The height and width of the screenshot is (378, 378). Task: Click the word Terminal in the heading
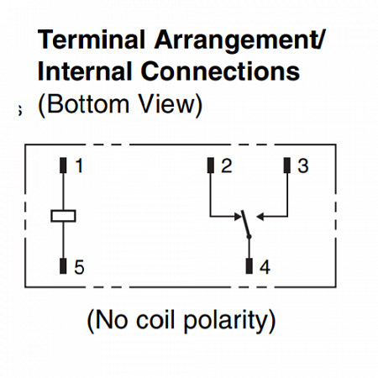(x=92, y=39)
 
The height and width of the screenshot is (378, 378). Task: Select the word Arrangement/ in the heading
(x=240, y=42)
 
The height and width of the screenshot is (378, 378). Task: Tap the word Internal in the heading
(x=85, y=71)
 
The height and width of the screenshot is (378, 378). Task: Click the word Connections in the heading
(x=220, y=71)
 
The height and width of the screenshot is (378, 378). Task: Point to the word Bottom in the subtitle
(x=87, y=104)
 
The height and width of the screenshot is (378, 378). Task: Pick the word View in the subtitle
(x=166, y=104)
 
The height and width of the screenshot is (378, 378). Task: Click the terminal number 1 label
(x=80, y=165)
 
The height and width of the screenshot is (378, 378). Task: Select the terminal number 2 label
(x=227, y=165)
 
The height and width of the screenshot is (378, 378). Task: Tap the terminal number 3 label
(x=303, y=165)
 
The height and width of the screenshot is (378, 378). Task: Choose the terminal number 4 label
(x=265, y=267)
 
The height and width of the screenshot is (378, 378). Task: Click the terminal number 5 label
(x=79, y=267)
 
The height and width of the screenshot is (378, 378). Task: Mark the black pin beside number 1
(x=63, y=165)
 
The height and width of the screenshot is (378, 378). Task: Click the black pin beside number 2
(x=211, y=165)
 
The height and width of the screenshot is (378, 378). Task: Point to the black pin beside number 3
(x=287, y=165)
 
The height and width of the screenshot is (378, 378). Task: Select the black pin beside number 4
(x=249, y=266)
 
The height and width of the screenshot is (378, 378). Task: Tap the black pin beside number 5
(x=63, y=266)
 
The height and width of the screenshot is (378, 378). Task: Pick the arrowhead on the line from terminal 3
(x=260, y=217)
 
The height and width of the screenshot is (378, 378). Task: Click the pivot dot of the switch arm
(x=249, y=237)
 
